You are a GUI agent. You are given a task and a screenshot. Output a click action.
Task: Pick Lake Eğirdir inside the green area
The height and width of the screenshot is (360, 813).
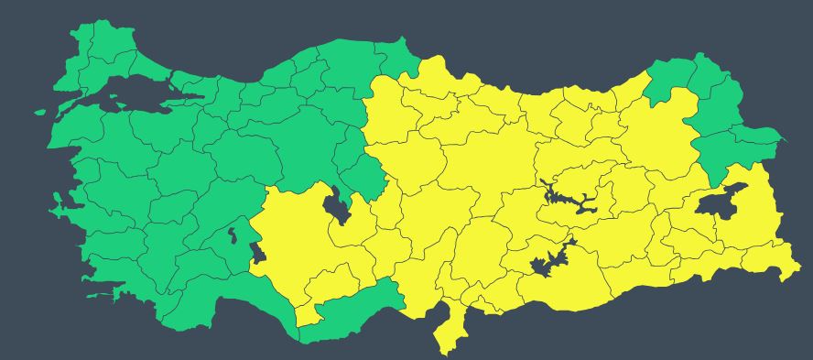click(x=233, y=236)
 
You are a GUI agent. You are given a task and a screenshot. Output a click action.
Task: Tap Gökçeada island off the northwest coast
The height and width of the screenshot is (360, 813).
click(x=40, y=113)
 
